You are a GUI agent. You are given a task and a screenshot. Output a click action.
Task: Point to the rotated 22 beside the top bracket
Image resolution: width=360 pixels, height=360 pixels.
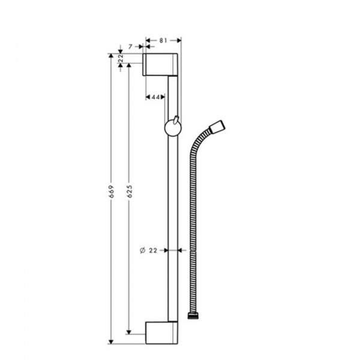click(121, 58)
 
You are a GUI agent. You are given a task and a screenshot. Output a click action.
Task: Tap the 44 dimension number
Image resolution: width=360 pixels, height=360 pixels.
click(155, 97)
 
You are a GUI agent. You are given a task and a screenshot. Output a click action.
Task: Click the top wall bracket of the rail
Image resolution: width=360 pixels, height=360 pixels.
click(160, 64)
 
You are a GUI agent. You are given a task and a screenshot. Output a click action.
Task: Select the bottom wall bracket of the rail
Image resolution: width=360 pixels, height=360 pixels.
click(161, 332)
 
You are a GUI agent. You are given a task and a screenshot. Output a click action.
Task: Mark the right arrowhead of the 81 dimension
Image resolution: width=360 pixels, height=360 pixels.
click(178, 40)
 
